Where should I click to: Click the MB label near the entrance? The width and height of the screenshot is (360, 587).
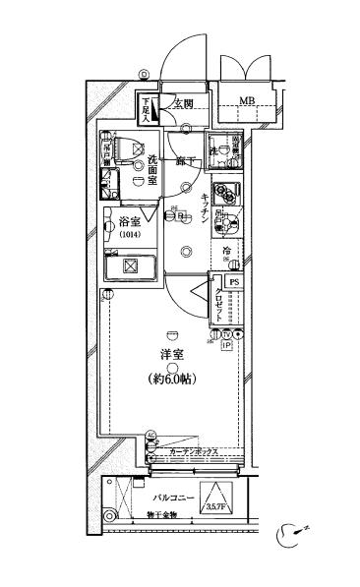248,101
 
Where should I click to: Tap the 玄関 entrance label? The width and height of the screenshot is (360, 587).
182,102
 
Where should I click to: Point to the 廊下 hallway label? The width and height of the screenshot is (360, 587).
183,160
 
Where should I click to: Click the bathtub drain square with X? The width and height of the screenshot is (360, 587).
130,267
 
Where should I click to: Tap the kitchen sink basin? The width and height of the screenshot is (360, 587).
225,225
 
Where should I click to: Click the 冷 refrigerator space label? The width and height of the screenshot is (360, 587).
226,253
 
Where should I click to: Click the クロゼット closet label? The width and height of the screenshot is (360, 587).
218,307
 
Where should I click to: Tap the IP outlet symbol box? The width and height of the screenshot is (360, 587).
225,346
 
